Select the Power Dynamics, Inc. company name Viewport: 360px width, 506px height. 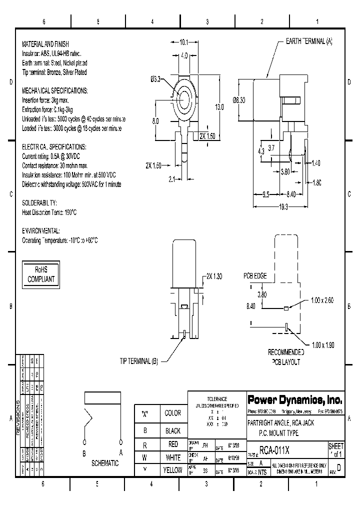(x=294, y=400)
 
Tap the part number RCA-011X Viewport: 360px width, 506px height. (x=274, y=450)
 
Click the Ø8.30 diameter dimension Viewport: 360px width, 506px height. (x=239, y=100)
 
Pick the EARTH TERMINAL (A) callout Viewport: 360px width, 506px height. (x=308, y=42)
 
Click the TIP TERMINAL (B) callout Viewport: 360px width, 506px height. (x=138, y=361)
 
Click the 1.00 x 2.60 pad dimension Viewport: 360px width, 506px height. (x=322, y=299)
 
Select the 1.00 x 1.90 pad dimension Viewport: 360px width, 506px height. (x=322, y=345)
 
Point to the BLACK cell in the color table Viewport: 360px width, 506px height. (x=173, y=430)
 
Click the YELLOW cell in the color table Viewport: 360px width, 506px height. (x=173, y=470)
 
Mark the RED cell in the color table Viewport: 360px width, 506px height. (x=173, y=444)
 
